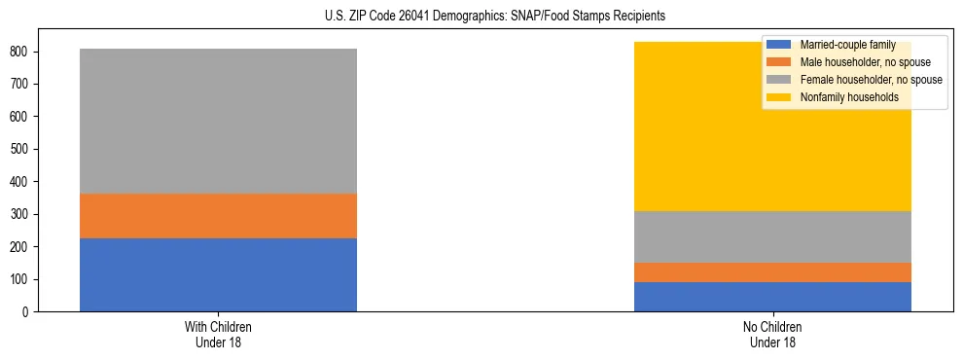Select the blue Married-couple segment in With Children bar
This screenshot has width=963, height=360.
[218, 274]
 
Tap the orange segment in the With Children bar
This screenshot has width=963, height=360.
[218, 216]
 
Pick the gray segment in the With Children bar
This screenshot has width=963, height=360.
[218, 121]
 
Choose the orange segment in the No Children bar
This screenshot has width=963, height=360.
[772, 272]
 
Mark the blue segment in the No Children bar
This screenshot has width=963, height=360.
[772, 297]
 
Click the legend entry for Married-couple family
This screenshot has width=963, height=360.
[846, 45]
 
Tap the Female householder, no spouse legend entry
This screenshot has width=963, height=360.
[865, 80]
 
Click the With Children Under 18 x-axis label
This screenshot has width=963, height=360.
[218, 334]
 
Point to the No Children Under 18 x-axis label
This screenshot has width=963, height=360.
[772, 334]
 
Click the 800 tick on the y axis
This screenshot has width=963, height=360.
[27, 52]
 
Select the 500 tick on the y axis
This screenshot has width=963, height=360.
[27, 149]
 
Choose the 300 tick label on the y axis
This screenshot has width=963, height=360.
[27, 214]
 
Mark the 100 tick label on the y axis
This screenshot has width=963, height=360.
[27, 279]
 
